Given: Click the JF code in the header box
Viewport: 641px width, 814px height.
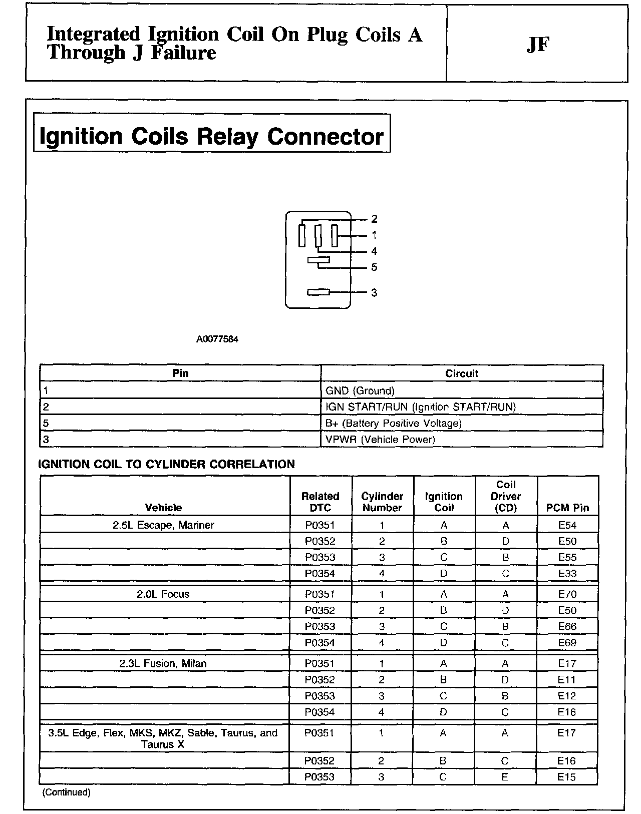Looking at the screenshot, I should tap(538, 45).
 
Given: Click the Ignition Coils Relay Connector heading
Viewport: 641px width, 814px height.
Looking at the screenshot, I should tap(211, 136).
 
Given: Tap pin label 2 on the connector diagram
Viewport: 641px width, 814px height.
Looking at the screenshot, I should tap(374, 219).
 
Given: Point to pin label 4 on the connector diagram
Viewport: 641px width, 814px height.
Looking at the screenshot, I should tap(374, 251).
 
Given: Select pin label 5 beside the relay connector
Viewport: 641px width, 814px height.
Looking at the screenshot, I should tap(374, 267).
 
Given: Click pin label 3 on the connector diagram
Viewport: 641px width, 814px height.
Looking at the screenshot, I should tap(374, 292).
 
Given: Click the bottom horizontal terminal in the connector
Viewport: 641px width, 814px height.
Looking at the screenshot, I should tap(318, 292).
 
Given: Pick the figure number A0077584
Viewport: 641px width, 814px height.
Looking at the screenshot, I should tap(217, 339).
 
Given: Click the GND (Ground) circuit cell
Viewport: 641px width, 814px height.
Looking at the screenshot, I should tap(360, 391).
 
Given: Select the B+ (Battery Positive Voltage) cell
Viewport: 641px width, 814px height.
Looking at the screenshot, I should tap(393, 424).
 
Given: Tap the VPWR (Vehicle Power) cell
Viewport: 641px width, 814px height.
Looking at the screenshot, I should tap(380, 440).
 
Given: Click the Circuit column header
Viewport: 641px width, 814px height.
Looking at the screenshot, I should tap(461, 373).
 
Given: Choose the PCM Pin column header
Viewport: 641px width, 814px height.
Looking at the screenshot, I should tap(567, 508).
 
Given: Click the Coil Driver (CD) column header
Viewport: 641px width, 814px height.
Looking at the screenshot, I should tap(506, 496).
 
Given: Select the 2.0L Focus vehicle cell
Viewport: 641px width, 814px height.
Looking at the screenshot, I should tap(163, 594).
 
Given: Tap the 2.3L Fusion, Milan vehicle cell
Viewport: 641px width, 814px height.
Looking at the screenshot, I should tap(163, 664).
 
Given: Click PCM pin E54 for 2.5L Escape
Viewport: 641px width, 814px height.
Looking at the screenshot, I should tap(567, 525).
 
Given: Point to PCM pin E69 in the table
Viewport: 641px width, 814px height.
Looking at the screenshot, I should tap(567, 643).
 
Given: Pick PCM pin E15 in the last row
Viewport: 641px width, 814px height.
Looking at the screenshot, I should tap(567, 777).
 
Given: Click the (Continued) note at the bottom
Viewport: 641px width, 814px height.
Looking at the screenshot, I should tap(67, 792).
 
